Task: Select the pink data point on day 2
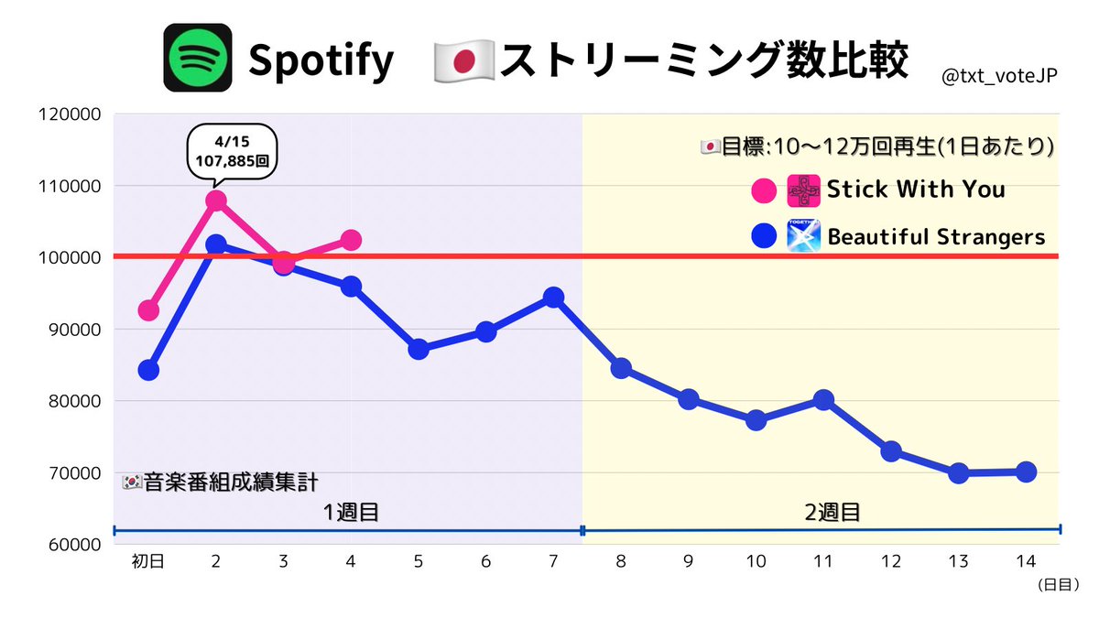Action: tap(216, 201)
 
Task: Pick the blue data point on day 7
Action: tap(553, 298)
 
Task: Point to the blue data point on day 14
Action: tap(1026, 472)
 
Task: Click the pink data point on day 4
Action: tap(351, 240)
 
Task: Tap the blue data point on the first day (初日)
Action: tap(148, 370)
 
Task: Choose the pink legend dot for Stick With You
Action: tap(761, 190)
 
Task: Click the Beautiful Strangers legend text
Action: tap(936, 237)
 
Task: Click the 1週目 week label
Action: tap(351, 512)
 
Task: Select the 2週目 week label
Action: tap(832, 512)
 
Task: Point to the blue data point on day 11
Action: tap(822, 399)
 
